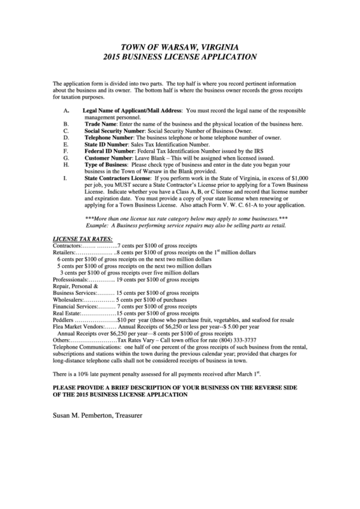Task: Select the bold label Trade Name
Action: tap(101, 124)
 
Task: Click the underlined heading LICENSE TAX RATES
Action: tap(82, 239)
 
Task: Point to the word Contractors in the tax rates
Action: tap(67, 245)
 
